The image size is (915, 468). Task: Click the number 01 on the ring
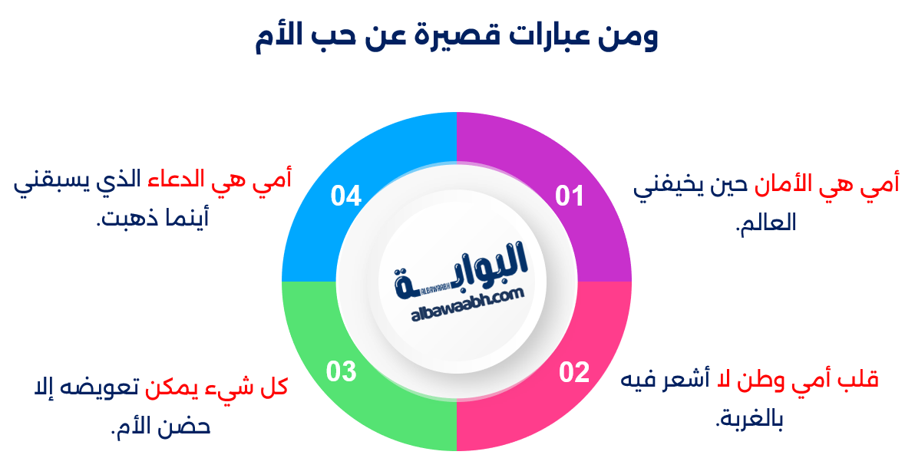(570, 196)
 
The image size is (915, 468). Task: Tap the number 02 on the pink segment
(573, 372)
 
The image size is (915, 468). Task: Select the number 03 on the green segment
(342, 372)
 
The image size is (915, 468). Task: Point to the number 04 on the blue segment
(346, 196)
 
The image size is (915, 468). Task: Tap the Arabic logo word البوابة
(468, 265)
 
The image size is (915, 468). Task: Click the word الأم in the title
(283, 38)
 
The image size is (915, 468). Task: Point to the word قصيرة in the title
(457, 38)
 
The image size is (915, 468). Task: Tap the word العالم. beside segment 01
(765, 224)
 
